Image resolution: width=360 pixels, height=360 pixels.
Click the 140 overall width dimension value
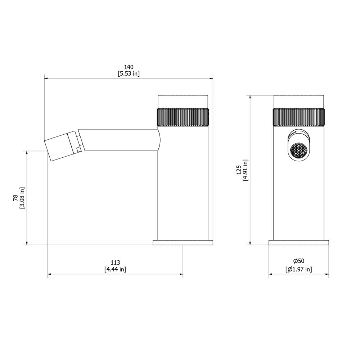tap(129, 67)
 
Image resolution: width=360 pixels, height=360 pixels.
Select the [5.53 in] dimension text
tap(129, 73)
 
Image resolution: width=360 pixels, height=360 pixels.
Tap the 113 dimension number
tap(115, 262)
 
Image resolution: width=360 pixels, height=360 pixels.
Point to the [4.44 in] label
tap(115, 269)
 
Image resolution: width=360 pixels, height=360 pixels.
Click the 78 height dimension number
tap(15, 198)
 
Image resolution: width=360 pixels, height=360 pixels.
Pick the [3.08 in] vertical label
tap(22, 198)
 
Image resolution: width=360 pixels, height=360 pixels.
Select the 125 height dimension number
tap(239, 170)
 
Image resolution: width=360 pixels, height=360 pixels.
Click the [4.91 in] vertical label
tap(246, 170)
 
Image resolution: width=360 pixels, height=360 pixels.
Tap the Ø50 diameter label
tap(299, 261)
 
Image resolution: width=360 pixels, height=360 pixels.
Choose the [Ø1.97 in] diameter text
tap(299, 269)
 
